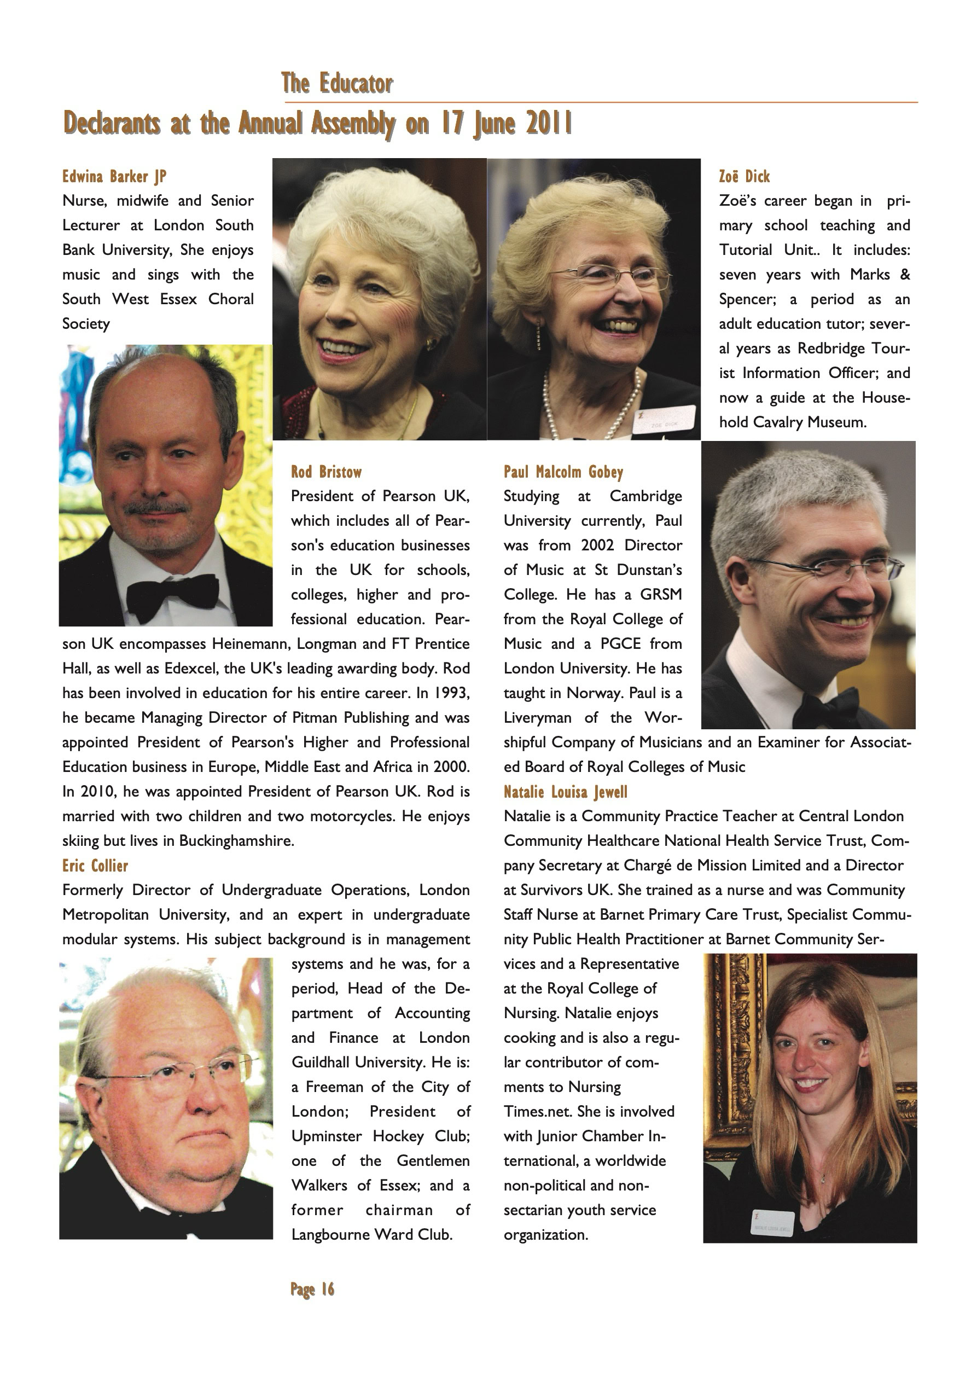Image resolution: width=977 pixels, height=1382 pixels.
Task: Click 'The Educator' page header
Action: point(336,84)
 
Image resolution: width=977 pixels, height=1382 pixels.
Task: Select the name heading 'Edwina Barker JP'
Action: point(114,176)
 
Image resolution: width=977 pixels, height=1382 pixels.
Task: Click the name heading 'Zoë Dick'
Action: point(744,176)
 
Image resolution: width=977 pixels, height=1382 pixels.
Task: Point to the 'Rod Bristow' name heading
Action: point(326,472)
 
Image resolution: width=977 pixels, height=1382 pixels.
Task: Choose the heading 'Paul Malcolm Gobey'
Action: point(563,472)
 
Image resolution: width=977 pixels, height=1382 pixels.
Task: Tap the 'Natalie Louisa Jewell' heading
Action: point(565,792)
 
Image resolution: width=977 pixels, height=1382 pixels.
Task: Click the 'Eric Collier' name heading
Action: point(95,866)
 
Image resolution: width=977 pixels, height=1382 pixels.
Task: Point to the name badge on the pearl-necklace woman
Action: point(664,420)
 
